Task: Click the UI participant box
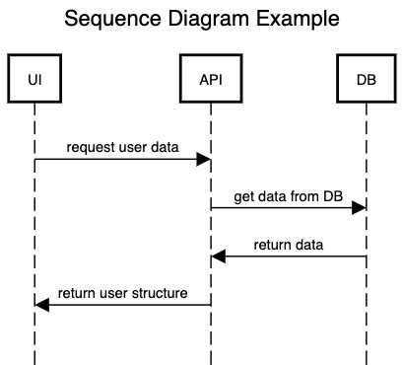point(34,78)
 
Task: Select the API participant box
point(210,78)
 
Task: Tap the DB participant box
point(366,78)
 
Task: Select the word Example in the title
point(298,20)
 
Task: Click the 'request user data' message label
point(123,147)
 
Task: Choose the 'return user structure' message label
point(122,293)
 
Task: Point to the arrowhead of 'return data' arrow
point(218,256)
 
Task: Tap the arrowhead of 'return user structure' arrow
point(42,305)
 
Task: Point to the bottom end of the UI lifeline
point(34,360)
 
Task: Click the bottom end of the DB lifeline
point(366,360)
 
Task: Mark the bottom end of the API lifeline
point(210,360)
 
